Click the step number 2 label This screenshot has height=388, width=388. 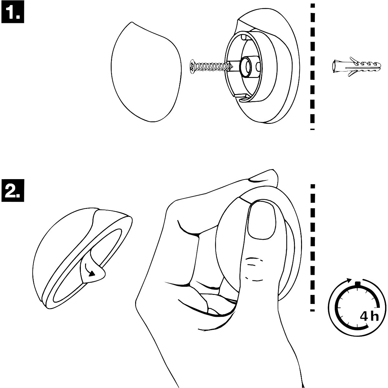coord(13,190)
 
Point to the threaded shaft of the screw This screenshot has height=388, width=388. coord(212,67)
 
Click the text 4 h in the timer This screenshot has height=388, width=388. coord(369,316)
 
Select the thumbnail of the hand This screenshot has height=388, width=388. coord(262,221)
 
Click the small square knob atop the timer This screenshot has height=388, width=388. coord(357,284)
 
